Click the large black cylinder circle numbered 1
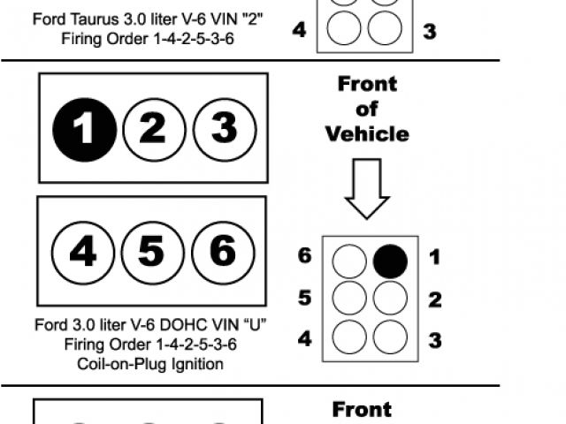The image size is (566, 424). point(84,130)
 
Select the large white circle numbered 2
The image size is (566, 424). point(153,130)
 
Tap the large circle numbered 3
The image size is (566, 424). point(223,130)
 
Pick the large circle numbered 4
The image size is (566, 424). point(82,254)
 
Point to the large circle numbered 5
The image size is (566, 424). point(151,254)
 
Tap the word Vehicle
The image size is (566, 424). point(367,134)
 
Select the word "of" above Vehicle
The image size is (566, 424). point(367,109)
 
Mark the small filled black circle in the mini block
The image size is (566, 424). point(390,261)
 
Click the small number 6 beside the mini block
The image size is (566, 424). point(305,257)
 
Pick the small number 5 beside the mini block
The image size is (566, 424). point(305,298)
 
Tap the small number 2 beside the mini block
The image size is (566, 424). point(434,299)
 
